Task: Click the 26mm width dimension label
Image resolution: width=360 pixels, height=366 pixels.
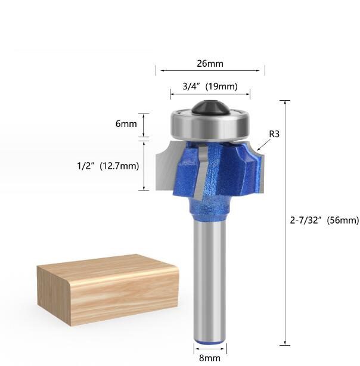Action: pyautogui.click(x=210, y=61)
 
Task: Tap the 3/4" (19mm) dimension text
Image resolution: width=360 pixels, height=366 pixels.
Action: pyautogui.click(x=210, y=86)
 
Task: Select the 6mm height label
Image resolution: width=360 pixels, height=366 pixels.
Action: pyautogui.click(x=126, y=124)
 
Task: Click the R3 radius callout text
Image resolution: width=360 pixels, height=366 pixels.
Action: pyautogui.click(x=274, y=134)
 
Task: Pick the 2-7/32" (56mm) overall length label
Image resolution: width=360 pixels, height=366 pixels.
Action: pyautogui.click(x=324, y=221)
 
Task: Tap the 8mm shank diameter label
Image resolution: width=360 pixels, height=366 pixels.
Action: pyautogui.click(x=210, y=358)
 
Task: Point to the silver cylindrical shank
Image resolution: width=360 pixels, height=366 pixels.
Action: pyautogui.click(x=209, y=280)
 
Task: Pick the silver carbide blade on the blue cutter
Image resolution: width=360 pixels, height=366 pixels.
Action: pyautogui.click(x=198, y=173)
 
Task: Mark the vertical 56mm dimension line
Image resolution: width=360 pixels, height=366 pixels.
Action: pyautogui.click(x=285, y=221)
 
